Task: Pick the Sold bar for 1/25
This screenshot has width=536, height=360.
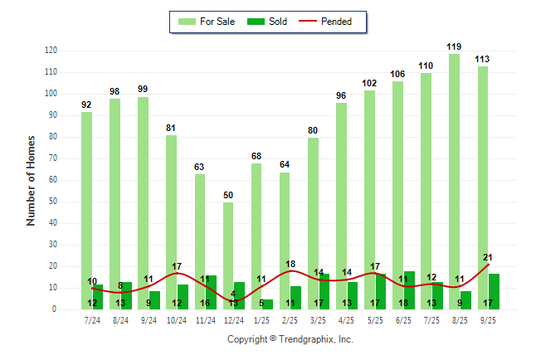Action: point(268,304)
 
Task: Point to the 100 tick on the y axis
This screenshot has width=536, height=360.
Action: point(51,94)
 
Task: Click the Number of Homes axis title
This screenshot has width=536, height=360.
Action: point(32,180)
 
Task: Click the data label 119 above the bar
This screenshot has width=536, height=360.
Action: point(455,47)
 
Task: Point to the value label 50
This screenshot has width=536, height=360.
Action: point(228,195)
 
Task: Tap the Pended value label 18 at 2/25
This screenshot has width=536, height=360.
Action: point(290,264)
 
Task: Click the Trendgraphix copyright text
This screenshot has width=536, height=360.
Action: point(290,339)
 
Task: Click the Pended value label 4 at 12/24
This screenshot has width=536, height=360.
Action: point(234,294)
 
